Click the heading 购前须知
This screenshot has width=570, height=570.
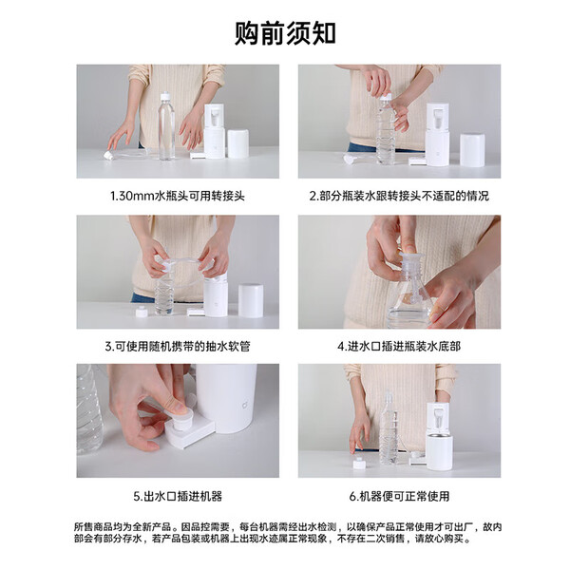click(x=285, y=33)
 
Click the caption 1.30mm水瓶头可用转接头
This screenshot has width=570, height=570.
click(x=178, y=196)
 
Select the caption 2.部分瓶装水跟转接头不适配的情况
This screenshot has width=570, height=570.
click(x=399, y=196)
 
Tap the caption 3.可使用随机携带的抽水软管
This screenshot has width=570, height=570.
click(x=178, y=346)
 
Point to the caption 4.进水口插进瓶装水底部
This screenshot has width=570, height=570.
click(x=399, y=346)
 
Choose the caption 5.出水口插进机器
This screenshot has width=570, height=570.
click(x=178, y=496)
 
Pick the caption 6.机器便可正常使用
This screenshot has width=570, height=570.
click(x=399, y=496)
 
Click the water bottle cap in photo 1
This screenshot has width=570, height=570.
click(x=165, y=96)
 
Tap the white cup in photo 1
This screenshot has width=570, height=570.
click(x=238, y=143)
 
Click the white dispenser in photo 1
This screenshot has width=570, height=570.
click(x=214, y=131)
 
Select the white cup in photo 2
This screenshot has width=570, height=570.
click(x=472, y=150)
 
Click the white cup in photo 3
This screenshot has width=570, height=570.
click(x=251, y=300)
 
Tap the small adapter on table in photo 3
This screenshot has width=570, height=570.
click(x=141, y=312)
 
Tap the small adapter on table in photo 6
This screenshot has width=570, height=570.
click(x=359, y=464)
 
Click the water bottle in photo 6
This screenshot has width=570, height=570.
click(x=389, y=429)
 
